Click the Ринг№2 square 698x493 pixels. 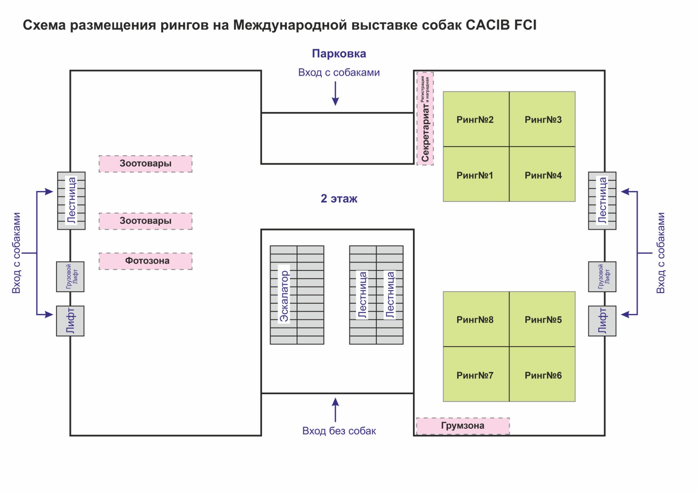point(476,119)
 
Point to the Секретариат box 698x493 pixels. point(425,119)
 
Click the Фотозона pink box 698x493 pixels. point(145,261)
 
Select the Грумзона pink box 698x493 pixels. point(463,426)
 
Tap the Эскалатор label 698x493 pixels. point(284,296)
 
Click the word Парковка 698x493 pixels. point(339,53)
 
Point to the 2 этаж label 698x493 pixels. point(339,198)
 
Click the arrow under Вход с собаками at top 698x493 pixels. point(335,93)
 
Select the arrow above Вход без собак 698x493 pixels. point(335,410)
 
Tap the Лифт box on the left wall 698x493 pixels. point(70,321)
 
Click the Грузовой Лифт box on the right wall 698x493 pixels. point(602,277)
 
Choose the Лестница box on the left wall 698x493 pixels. point(71,200)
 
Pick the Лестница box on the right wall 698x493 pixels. point(602,200)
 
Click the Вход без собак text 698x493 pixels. point(339,431)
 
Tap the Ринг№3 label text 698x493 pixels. point(543,119)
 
